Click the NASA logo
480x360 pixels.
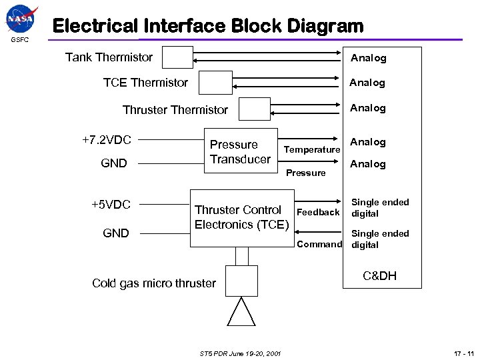tap(20, 19)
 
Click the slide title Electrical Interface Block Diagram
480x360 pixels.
tap(208, 27)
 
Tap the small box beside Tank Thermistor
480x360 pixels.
tap(177, 57)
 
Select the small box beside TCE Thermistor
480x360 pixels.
tap(215, 83)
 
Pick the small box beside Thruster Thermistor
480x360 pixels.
tap(254, 109)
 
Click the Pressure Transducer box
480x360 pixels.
tap(240, 154)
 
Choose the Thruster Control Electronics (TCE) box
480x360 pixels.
tap(241, 217)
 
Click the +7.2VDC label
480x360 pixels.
tap(107, 140)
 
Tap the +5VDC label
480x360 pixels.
tap(111, 204)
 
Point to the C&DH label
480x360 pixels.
tap(379, 276)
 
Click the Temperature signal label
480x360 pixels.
tap(312, 150)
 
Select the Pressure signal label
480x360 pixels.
tap(306, 173)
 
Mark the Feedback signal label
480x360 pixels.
tap(318, 212)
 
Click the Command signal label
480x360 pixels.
tap(319, 245)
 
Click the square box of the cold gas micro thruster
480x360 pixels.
tap(241, 281)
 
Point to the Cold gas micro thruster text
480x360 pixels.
tap(154, 283)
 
